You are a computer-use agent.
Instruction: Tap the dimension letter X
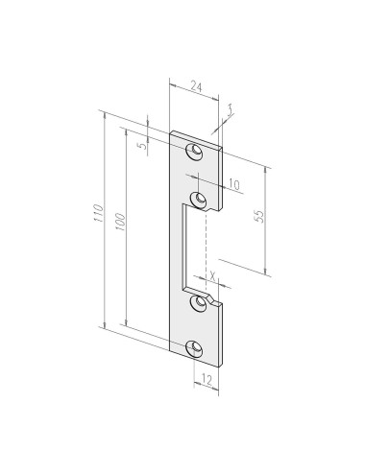(210, 274)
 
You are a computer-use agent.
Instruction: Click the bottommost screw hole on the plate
(198, 348)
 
